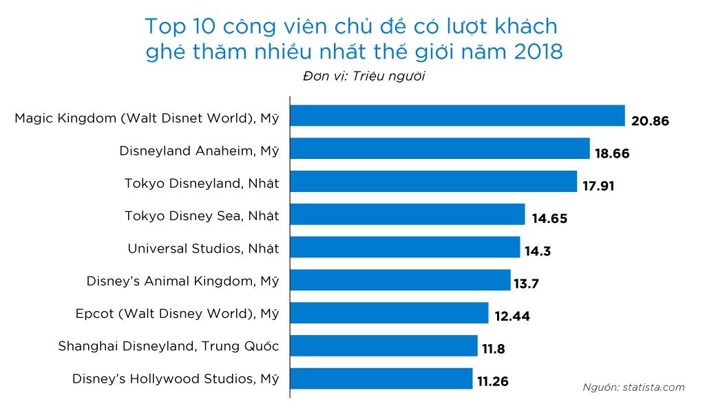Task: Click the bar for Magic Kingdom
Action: coord(457,116)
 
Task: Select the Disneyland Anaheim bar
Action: coord(440,149)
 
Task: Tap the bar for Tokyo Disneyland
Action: coord(434,182)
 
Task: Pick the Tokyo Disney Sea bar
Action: coord(408,214)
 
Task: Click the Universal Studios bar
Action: coord(405,247)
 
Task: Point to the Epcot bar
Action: coord(389,312)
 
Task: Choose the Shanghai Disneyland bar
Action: coord(383,345)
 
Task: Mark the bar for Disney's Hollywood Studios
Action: coord(381,378)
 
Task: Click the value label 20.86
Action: coord(650,121)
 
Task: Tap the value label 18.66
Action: coord(612,153)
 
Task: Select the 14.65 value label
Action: coord(549,219)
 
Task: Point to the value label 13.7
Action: coord(529,284)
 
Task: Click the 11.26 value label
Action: coord(494,382)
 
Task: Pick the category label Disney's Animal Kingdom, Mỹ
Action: coord(182,281)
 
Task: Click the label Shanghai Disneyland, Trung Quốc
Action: coord(168,346)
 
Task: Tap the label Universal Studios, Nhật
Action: coord(203,248)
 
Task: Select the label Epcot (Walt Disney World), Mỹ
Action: coord(177,314)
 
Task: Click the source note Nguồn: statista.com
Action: coord(633,387)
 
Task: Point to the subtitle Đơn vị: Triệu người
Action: coord(364,76)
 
